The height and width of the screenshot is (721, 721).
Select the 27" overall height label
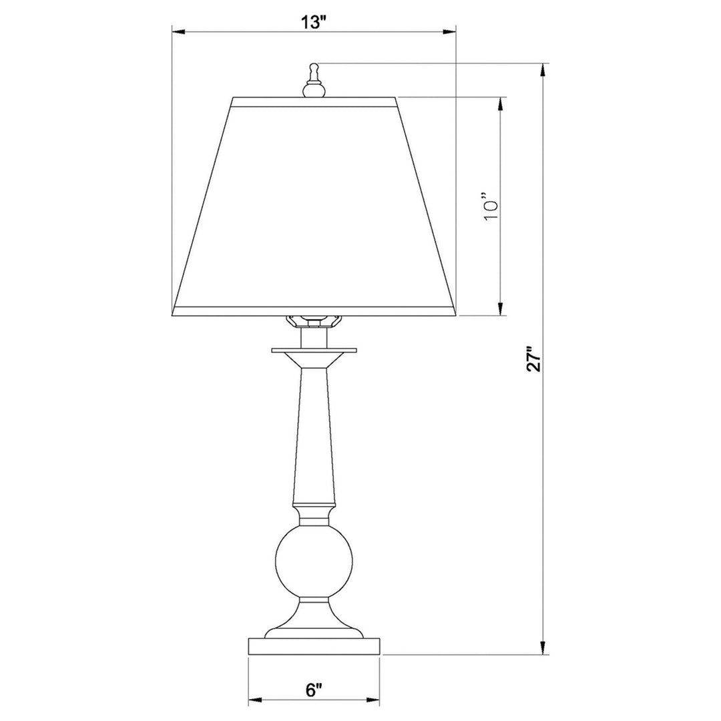click(x=532, y=358)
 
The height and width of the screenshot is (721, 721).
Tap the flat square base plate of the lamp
click(x=314, y=646)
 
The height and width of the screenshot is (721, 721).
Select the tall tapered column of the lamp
click(x=314, y=434)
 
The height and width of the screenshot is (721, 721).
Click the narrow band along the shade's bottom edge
click(x=314, y=310)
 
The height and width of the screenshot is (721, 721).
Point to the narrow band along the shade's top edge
click(x=314, y=102)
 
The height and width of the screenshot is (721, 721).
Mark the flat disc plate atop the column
click(x=314, y=349)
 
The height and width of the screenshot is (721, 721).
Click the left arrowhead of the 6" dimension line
click(x=254, y=700)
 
